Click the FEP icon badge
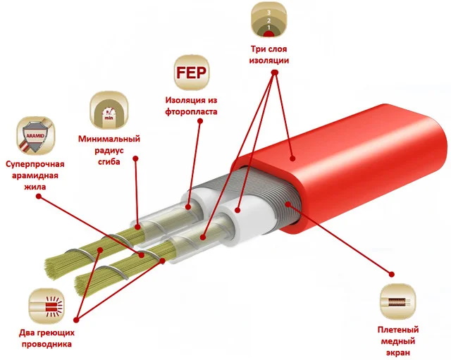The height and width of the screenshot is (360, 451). coord(191,73)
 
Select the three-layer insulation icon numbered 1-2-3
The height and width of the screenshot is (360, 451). coord(269,20)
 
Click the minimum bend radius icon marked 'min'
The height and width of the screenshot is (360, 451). coord(109,111)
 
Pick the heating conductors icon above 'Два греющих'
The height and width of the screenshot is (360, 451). coord(47,306)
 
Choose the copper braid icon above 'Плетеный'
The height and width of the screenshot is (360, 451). coord(397,302)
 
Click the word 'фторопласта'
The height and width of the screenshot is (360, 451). coord(191,112)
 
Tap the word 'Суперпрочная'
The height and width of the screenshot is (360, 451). coord(35,164)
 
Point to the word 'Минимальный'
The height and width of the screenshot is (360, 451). coord(109,139)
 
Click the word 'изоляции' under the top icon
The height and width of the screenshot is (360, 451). coord(269,61)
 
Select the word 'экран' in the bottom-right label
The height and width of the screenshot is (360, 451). coord(398,353)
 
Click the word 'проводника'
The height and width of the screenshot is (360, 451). coord(47,345)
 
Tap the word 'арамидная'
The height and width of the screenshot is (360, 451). coord(35,176)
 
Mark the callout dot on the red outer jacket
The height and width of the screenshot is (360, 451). coord(292,158)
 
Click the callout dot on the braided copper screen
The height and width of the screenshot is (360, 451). coord(288,204)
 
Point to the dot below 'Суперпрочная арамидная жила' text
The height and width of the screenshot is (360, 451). coord(39,197)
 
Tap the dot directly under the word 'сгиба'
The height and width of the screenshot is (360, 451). coord(136,159)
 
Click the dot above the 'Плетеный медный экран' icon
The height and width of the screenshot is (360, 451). coord(391,274)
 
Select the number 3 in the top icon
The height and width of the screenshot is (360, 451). coord(268,13)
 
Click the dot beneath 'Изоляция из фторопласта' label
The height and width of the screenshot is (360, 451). coord(200,121)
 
